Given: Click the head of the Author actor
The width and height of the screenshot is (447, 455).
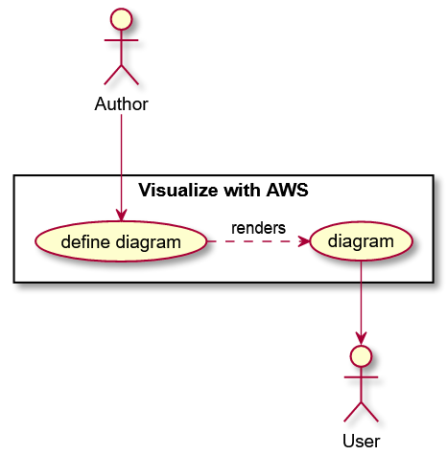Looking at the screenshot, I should click(x=121, y=20).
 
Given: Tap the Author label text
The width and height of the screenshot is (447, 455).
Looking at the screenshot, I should click(x=121, y=103).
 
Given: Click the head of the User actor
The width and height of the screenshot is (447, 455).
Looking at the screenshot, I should click(x=361, y=356).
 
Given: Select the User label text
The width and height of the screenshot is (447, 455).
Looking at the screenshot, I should click(x=361, y=441).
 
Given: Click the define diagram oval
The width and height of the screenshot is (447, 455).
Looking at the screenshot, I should click(x=121, y=241).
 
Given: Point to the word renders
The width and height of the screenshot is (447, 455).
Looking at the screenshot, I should click(x=258, y=228).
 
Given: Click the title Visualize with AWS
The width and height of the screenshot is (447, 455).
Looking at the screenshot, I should click(x=223, y=190).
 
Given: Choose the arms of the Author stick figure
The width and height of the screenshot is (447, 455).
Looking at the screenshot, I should click(x=121, y=41).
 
